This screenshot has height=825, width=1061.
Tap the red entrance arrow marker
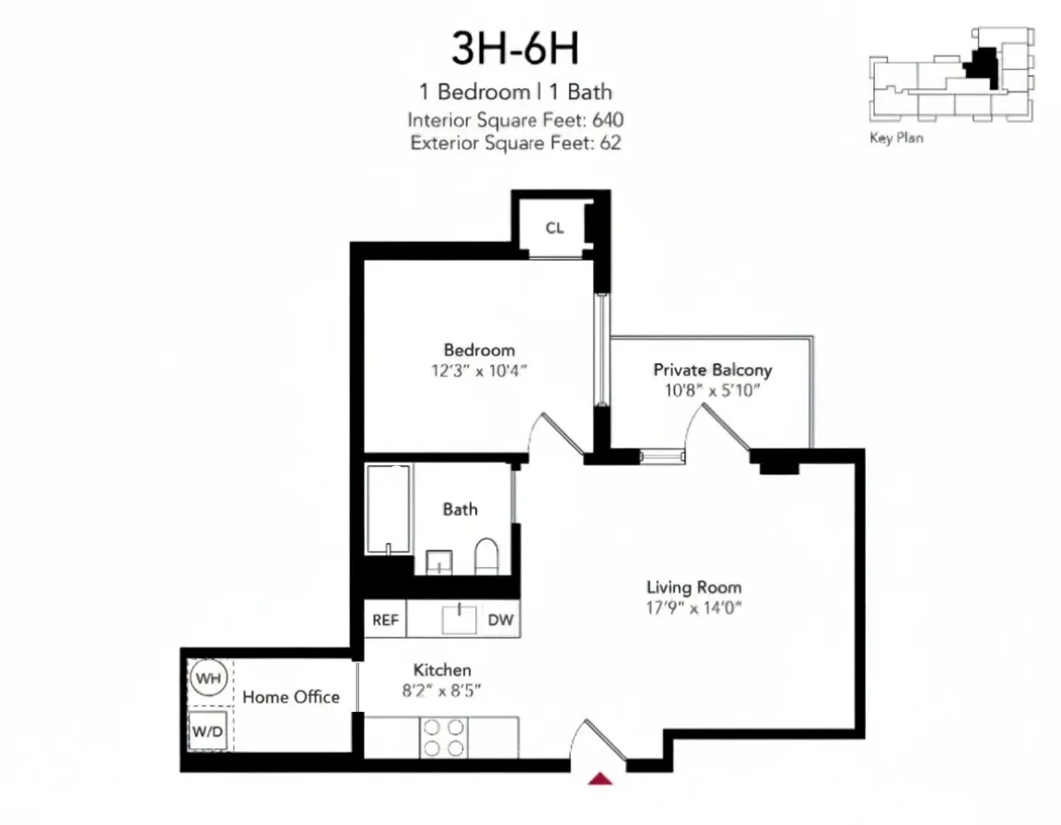(600, 779)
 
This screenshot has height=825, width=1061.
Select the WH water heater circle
(208, 680)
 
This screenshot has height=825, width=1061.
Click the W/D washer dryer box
(207, 731)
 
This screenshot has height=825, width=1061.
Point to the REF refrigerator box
(385, 620)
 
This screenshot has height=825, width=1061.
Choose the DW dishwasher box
(500, 620)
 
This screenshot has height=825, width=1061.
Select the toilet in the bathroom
(485, 557)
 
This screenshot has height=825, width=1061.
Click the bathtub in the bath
(388, 509)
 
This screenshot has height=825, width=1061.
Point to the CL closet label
(554, 228)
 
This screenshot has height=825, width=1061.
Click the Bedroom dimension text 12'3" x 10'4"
(479, 372)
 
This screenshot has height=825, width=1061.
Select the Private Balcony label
(712, 370)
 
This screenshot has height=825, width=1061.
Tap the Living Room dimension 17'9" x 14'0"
(694, 608)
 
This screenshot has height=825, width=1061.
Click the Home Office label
(291, 697)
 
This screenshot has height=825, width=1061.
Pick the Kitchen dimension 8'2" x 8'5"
(442, 691)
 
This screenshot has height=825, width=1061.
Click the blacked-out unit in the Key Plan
(980, 66)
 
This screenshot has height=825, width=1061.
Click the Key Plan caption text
(895, 139)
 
